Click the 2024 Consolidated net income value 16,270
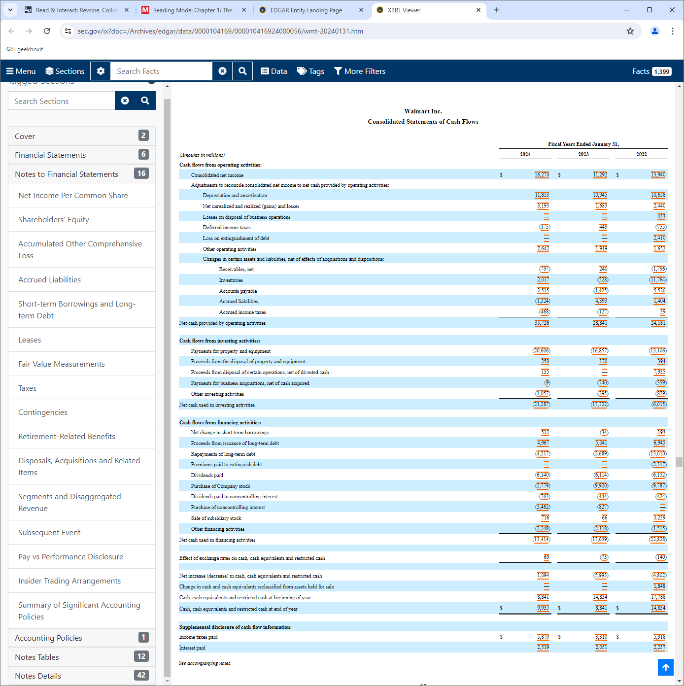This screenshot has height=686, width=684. click(542, 175)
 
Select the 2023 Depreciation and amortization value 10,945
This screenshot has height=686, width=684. click(600, 195)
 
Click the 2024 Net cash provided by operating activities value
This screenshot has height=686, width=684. click(542, 323)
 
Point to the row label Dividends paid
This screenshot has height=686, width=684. click(207, 476)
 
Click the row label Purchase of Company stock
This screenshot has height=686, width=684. click(220, 486)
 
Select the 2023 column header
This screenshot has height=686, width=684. click(583, 155)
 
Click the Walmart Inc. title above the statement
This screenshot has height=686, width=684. click(423, 111)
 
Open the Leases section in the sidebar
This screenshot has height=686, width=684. click(30, 340)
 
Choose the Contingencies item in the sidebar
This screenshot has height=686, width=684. click(43, 412)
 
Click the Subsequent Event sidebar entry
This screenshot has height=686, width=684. click(49, 533)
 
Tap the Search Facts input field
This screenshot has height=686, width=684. click(162, 71)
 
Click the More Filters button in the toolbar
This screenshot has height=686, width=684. click(360, 71)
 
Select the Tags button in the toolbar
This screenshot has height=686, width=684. click(310, 71)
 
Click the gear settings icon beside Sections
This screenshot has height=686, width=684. click(101, 71)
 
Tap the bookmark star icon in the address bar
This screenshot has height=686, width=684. click(630, 31)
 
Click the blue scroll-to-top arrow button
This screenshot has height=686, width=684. click(665, 667)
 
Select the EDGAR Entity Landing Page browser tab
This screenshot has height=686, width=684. click(306, 10)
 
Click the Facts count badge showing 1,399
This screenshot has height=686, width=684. click(661, 71)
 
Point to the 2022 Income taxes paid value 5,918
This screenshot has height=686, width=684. click(659, 637)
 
